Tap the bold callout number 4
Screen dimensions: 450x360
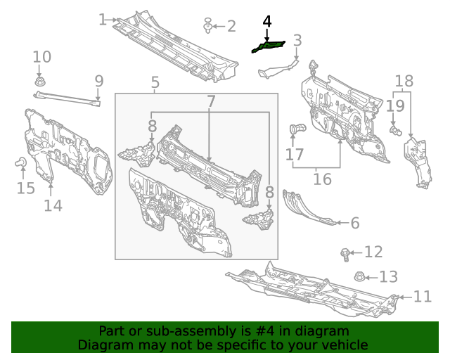pos(267,22)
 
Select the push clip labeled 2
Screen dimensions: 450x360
pos(207,25)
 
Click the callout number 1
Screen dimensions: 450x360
pos(103,20)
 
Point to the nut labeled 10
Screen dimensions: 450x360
pos(39,82)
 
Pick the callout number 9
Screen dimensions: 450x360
pos(99,82)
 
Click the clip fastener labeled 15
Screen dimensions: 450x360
pos(20,162)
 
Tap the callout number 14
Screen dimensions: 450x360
pos(53,205)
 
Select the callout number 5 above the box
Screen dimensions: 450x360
pos(155,82)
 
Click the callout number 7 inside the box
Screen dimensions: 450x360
pos(211,101)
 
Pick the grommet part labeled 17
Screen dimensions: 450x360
pos(297,129)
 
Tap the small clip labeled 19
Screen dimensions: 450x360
pos(395,131)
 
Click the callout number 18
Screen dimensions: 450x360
pos(404,82)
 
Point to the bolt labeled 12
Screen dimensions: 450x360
pos(345,255)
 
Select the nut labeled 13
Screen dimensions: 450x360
pos(359,276)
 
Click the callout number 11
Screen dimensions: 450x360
pos(422,297)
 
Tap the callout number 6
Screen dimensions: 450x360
pos(355,223)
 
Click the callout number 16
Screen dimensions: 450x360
pos(322,179)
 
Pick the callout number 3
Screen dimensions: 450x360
pos(297,40)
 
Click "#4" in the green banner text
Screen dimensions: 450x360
pos(264,331)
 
